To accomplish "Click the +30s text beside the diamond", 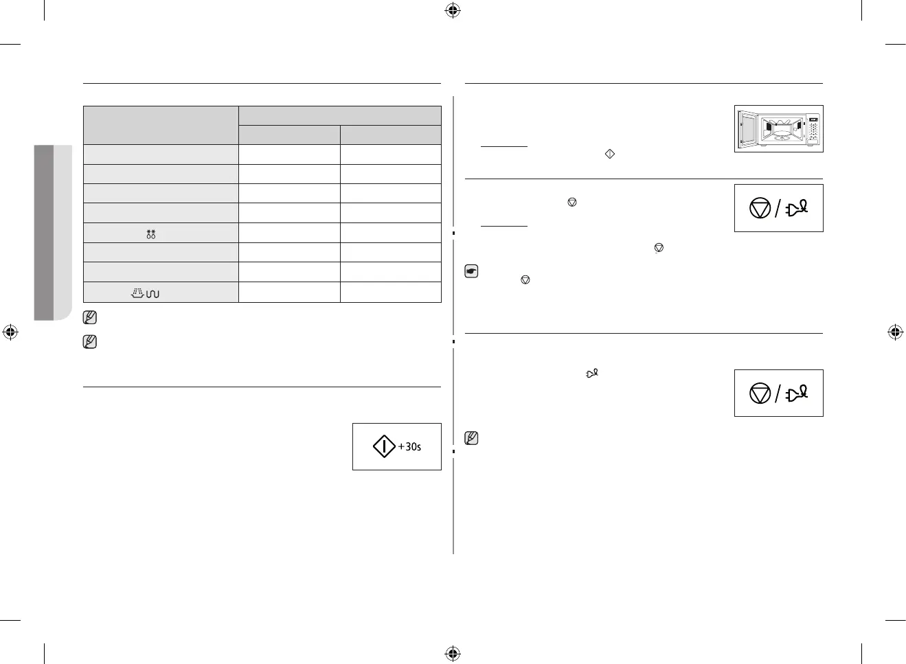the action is [410, 447].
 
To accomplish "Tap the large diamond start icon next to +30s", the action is [384, 446].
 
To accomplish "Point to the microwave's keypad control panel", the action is [813, 129].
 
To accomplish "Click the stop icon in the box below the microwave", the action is [760, 208].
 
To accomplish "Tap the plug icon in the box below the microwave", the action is [797, 207].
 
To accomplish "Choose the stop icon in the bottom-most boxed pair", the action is [760, 393].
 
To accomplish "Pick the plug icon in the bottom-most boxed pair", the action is [797, 393].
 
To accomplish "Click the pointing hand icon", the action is [472, 271].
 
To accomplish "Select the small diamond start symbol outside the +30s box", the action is [609, 154].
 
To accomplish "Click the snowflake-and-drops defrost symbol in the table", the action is [151, 234].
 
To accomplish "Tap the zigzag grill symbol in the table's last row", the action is [152, 294].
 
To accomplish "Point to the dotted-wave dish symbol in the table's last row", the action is [137, 293].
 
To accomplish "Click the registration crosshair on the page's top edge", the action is [453, 10].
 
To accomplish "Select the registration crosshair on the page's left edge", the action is [10, 332].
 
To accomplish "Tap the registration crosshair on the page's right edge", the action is [895, 332].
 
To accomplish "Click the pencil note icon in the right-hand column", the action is [471, 438].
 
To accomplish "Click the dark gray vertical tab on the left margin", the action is [44, 232].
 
